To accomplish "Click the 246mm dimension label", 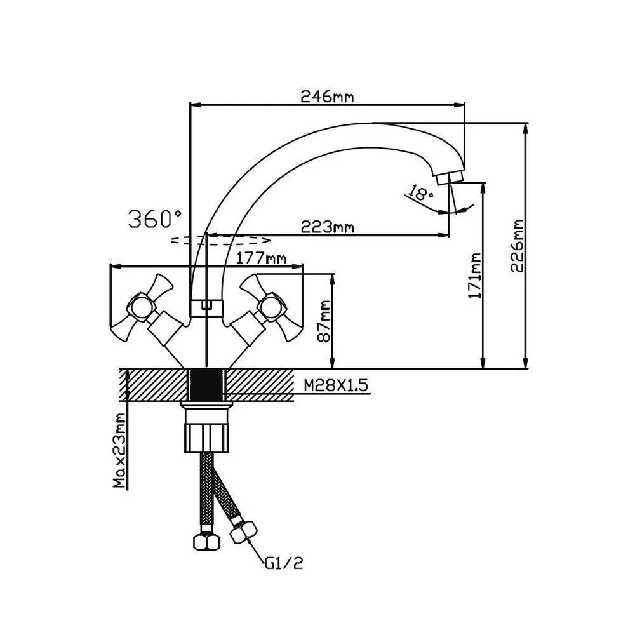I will click(327, 97).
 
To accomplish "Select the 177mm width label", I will click(260, 258).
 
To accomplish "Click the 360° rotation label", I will click(155, 219).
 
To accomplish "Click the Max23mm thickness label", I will click(118, 451).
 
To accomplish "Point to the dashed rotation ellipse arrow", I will click(222, 240).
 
